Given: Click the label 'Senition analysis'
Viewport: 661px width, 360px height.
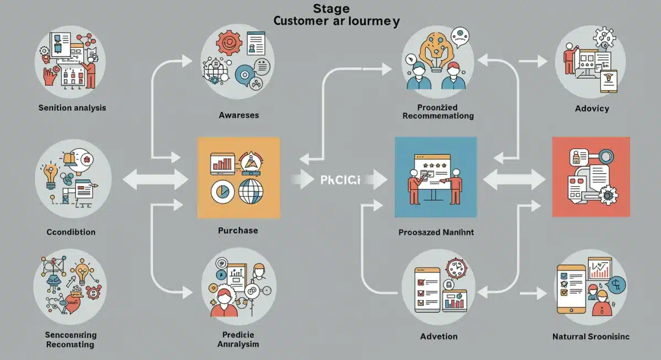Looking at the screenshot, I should (x=72, y=108).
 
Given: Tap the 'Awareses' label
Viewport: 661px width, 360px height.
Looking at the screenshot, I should (x=239, y=116).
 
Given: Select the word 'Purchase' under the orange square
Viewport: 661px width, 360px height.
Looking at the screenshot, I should (x=238, y=230).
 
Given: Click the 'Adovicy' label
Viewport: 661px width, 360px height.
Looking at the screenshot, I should (x=591, y=108).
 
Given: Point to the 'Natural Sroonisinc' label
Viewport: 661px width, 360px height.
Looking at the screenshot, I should (x=591, y=336).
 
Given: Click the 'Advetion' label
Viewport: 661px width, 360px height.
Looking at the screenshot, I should (x=438, y=336).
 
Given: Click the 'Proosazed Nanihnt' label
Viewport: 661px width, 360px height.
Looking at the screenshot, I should (x=436, y=232).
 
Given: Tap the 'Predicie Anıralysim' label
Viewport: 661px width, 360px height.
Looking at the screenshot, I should (x=238, y=340).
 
